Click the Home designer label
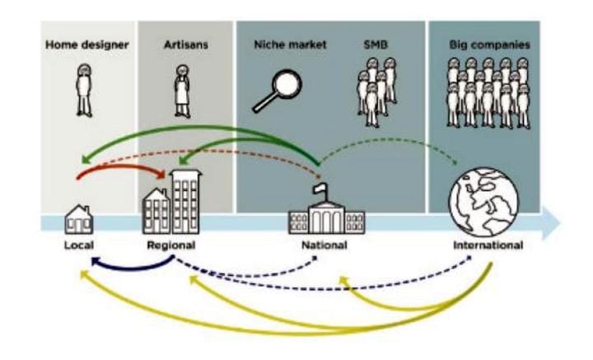coord(86,44)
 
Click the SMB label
coord(374,44)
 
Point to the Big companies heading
coord(489,44)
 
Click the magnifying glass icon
coord(277,90)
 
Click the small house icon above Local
coord(79,218)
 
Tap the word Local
coord(79,245)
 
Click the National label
coord(325,245)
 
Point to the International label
coord(488,245)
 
